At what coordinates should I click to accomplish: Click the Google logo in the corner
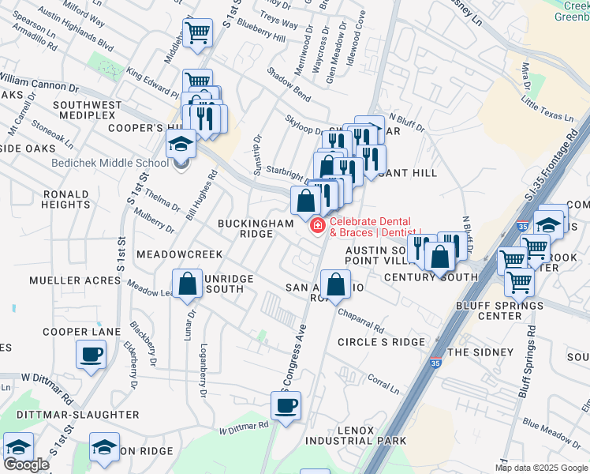point(26,465)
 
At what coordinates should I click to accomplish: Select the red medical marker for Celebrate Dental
point(317,227)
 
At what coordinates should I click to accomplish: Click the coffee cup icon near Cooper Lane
point(91,354)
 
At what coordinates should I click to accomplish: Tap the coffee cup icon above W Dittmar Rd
point(286,407)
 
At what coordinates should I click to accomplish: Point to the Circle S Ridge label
point(381,342)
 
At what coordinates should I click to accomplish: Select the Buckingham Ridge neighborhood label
point(256,229)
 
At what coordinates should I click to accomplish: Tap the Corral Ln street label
point(383,385)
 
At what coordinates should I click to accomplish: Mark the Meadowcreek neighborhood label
point(179,254)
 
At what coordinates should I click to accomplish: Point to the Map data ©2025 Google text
point(541,468)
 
